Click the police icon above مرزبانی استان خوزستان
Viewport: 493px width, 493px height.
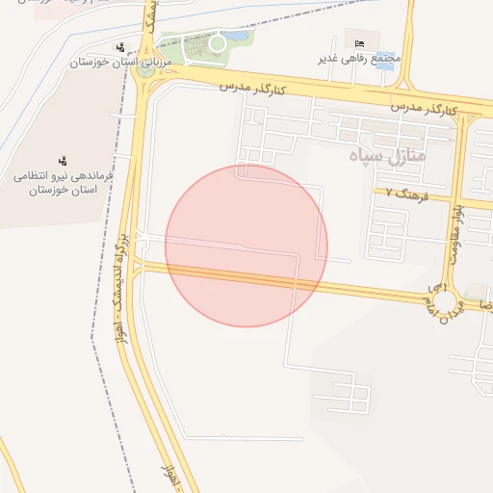pyautogui.click(x=120, y=47)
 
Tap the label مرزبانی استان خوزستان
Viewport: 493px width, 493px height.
pyautogui.click(x=119, y=62)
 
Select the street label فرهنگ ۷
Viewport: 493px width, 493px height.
pyautogui.click(x=403, y=193)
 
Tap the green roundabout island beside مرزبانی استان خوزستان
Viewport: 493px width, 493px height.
pyautogui.click(x=145, y=67)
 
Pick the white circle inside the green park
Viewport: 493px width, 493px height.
pyautogui.click(x=218, y=42)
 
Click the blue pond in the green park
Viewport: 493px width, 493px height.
pyautogui.click(x=237, y=38)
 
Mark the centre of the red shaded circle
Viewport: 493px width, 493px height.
pyautogui.click(x=246, y=246)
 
